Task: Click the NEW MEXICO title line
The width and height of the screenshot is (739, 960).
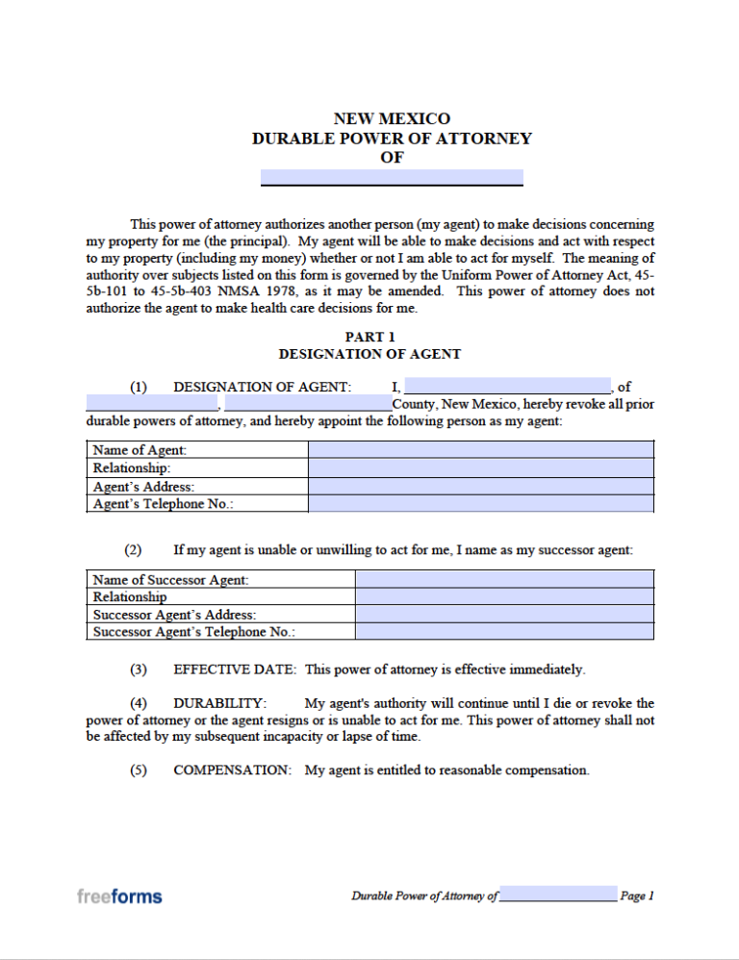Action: click(392, 119)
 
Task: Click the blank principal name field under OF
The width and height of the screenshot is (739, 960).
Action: click(392, 177)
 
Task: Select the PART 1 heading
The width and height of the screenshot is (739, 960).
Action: click(369, 337)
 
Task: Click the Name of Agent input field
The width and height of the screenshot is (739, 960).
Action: click(480, 450)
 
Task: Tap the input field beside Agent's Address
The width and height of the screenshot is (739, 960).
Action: click(480, 487)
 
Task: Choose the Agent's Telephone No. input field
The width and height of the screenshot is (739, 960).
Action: click(480, 504)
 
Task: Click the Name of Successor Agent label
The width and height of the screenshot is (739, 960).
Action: click(170, 580)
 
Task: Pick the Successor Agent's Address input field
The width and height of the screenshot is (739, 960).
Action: click(504, 615)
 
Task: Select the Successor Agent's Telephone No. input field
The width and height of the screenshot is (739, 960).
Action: click(504, 632)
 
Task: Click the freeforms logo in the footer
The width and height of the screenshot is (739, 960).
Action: click(119, 897)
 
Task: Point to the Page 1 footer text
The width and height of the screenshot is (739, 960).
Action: click(637, 897)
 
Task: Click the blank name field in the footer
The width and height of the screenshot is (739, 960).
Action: click(558, 895)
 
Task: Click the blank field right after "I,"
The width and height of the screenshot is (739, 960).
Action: click(507, 387)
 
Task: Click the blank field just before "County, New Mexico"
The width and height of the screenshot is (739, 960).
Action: click(308, 404)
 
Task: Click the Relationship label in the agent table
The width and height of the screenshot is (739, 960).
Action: click(132, 468)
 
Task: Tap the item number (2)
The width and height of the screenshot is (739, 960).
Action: click(133, 550)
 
